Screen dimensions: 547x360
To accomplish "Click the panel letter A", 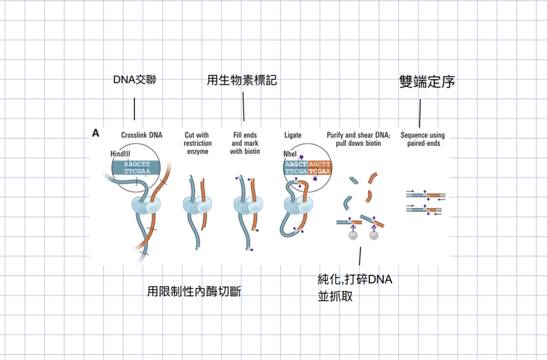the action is (96, 133).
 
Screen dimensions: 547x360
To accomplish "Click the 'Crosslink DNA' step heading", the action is (142, 135).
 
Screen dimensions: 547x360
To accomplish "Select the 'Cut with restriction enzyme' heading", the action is (198, 143).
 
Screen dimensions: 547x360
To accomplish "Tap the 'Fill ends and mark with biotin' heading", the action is (245, 143).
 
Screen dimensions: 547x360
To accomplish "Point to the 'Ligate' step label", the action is (293, 135).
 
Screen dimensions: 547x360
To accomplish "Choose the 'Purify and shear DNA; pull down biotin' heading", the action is (359, 139).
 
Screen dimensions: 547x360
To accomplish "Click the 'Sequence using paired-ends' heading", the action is (423, 139).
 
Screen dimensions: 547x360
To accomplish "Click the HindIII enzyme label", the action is (121, 153).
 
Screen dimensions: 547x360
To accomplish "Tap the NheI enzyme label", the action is (290, 153).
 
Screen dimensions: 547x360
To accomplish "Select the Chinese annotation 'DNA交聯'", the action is (134, 80).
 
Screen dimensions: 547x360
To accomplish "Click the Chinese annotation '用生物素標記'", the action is (242, 80).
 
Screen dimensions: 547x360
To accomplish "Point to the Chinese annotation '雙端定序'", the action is (427, 82).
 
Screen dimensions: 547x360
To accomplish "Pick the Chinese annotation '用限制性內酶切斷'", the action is (194, 291).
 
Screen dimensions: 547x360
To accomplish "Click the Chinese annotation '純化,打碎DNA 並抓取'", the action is (355, 288).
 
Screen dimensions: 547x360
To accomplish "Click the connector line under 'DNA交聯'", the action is (134, 109).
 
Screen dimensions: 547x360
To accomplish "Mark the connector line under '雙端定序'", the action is (420, 114).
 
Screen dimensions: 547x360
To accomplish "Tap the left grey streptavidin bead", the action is (353, 235).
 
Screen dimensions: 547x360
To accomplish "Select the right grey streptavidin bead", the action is (374, 235).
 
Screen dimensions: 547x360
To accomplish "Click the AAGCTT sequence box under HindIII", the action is (136, 168).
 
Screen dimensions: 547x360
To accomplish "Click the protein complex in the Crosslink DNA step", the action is (146, 205).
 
